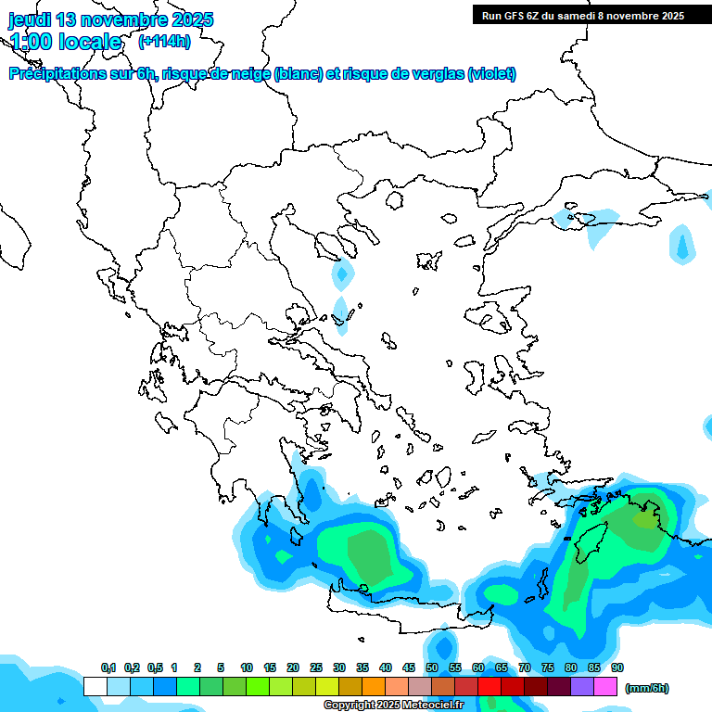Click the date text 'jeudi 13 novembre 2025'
point(111,19)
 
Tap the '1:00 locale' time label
point(66,42)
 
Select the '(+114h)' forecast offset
point(164,41)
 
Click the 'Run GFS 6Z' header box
point(582,15)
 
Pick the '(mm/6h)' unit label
point(646,688)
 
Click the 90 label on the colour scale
point(617,667)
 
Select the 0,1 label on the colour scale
point(108,667)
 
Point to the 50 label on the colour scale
point(432,667)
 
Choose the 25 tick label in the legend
point(316,667)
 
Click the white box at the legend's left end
point(95,686)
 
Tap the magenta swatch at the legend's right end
point(605,686)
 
